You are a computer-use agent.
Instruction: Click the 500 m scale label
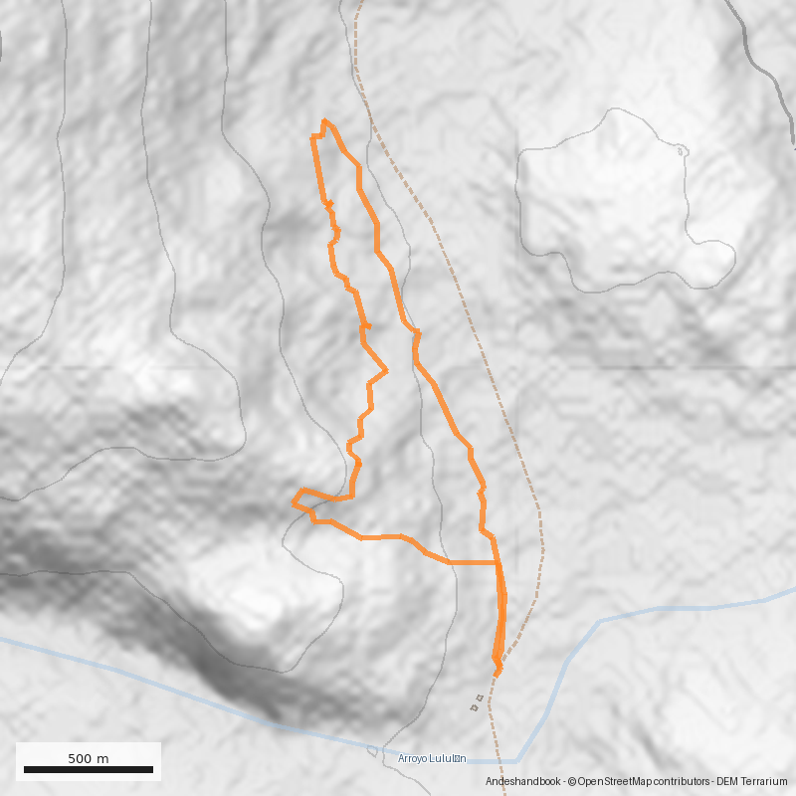coord(89,758)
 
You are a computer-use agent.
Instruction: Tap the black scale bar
coord(89,769)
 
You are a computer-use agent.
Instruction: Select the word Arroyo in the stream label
coord(413,758)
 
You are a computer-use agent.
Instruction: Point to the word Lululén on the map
coord(448,758)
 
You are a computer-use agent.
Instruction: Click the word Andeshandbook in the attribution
coord(522,783)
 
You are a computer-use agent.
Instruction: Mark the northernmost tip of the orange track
coord(324,120)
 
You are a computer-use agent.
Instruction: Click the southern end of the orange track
coord(497,674)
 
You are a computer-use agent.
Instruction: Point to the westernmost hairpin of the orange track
coord(294,502)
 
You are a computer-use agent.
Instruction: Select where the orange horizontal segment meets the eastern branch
coord(497,563)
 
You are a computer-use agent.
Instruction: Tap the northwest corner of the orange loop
coord(312,138)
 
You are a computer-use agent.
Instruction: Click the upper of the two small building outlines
coord(481,698)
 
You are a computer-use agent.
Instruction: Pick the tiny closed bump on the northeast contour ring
coord(682,150)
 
